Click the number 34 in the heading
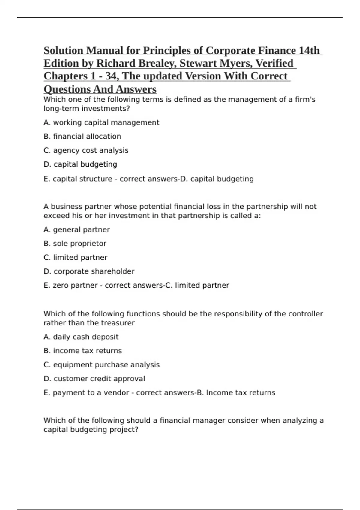111,76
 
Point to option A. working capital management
101,122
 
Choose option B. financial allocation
82,136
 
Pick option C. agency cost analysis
86,150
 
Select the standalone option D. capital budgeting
80,164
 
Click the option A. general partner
76,229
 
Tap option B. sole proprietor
75,244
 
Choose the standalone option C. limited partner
75,257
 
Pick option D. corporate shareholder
89,271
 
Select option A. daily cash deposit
81,337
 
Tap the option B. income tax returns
82,351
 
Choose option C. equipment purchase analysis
101,365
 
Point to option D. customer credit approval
94,379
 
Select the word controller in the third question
306,314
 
